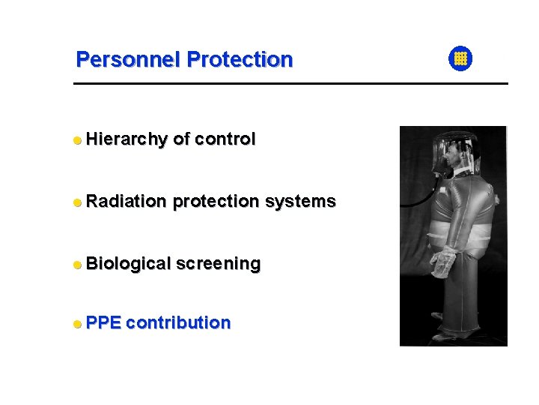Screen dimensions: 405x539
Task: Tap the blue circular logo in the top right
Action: [460, 58]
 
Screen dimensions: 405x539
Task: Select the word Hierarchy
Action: [126, 139]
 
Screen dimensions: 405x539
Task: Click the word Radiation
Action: [126, 201]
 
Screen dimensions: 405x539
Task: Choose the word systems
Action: [300, 201]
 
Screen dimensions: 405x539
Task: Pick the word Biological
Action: [128, 264]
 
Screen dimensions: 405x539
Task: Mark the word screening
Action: [218, 264]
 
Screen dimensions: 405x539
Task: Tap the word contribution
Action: [178, 323]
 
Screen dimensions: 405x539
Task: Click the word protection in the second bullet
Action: [216, 201]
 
